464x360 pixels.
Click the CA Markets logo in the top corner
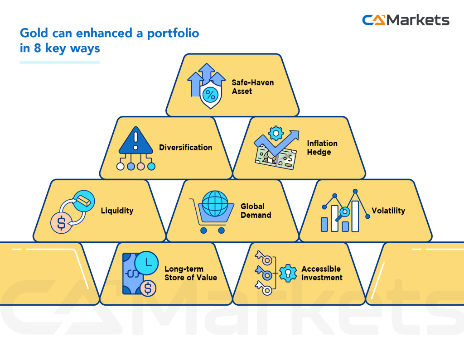point(406,20)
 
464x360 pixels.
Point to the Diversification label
point(185,147)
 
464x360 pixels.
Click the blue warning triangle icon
point(135,141)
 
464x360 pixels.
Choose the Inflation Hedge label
point(322,148)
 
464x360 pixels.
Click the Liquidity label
point(117,211)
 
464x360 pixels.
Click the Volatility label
point(388,211)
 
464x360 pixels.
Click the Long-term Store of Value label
point(190,273)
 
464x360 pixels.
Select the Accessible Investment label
point(322,273)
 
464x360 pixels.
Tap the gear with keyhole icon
point(287,273)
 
